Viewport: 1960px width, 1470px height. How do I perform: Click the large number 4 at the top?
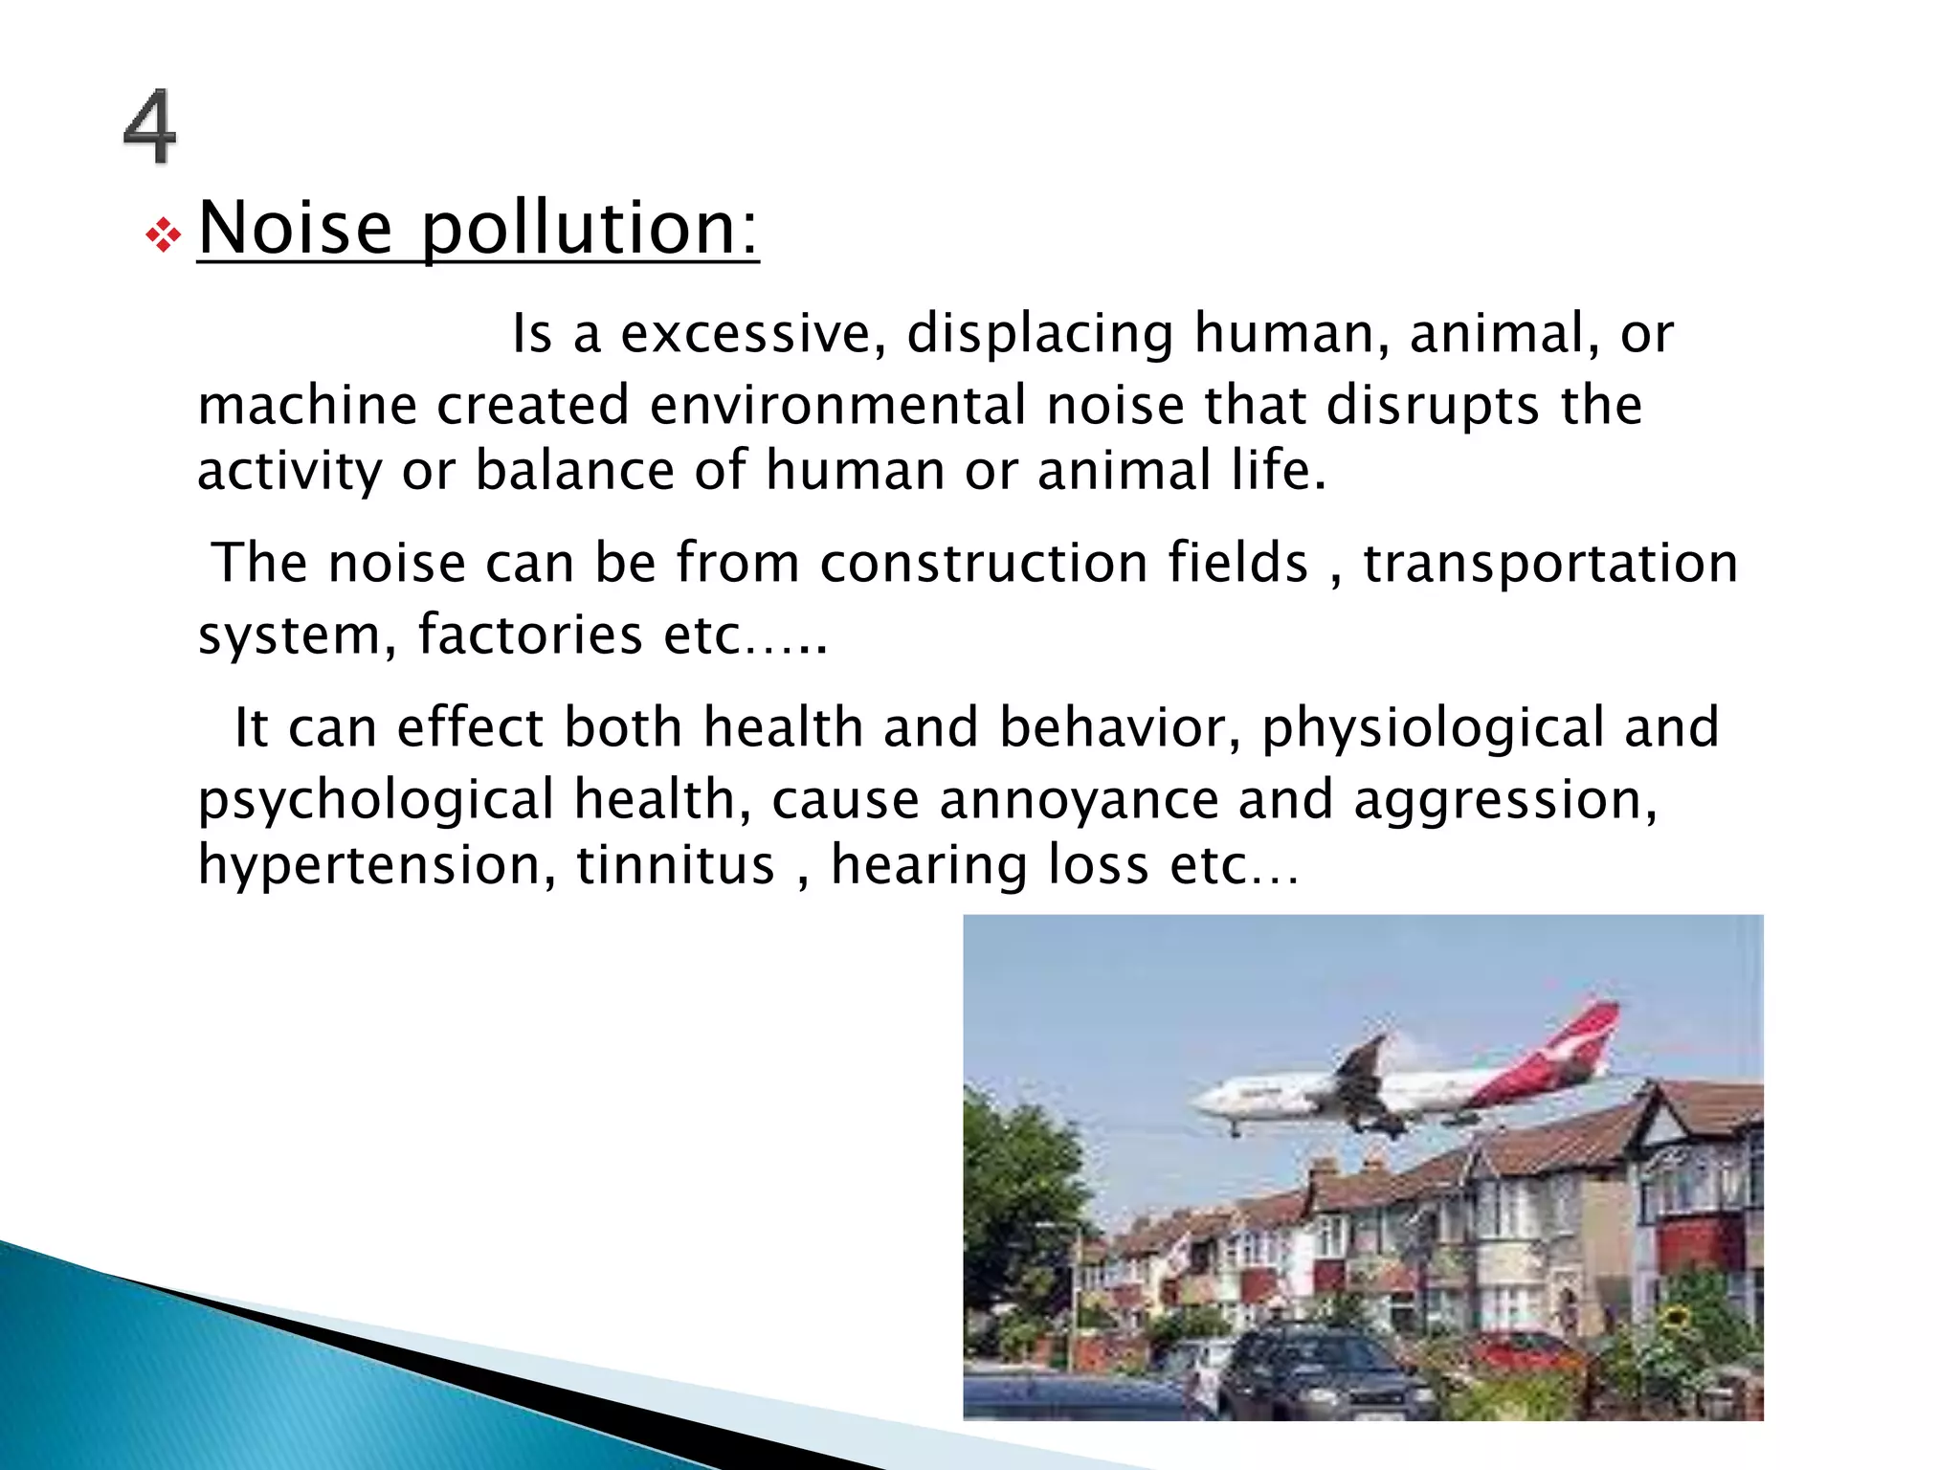[150, 126]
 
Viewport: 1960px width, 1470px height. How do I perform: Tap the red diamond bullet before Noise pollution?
[164, 235]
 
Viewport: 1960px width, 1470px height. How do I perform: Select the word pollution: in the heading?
[590, 230]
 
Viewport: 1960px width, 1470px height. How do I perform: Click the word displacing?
[1039, 334]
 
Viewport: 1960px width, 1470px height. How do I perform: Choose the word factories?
[530, 635]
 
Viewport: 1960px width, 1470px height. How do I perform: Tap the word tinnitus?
[675, 865]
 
